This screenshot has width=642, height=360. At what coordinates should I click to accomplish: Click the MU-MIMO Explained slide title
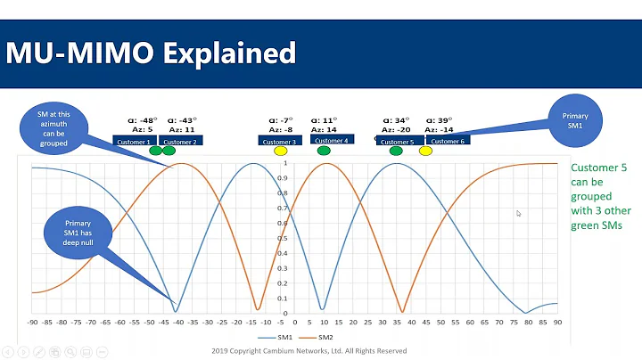151,53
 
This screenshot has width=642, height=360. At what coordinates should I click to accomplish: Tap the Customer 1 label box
135,141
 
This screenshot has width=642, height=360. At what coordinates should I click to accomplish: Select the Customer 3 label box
278,141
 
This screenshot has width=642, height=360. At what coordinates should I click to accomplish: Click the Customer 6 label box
447,141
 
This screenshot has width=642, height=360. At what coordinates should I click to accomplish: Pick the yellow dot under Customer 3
279,151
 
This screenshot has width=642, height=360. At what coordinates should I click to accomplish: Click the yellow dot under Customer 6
425,151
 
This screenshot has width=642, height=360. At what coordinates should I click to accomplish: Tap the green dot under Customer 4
324,151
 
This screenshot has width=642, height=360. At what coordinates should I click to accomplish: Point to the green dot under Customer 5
396,151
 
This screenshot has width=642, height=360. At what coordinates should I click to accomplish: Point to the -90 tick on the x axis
32,321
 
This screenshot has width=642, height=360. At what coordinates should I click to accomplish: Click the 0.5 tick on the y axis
284,238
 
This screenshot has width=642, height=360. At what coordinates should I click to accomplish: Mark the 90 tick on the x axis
557,321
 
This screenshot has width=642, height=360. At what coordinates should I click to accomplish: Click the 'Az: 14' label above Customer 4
324,130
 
